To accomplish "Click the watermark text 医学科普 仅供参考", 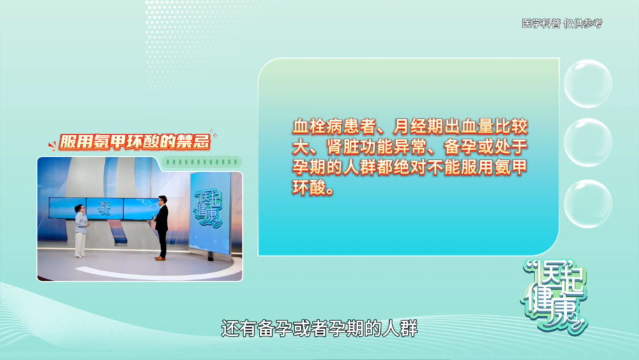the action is coord(562,24).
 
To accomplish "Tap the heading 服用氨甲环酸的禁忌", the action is coord(134,142).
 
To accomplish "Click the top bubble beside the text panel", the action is coord(588,84).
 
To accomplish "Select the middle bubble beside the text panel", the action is coord(588,143).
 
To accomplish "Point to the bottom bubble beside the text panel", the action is coord(588,203).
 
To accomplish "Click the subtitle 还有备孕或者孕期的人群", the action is coord(319,328).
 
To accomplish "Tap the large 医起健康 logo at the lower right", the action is coord(554,297).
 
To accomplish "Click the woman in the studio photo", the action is coord(81,231).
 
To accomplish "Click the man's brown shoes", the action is coord(160,258).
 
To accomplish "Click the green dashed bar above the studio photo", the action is coord(202,162).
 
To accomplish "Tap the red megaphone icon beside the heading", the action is coord(52,145).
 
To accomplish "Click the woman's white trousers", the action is coord(81,244).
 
